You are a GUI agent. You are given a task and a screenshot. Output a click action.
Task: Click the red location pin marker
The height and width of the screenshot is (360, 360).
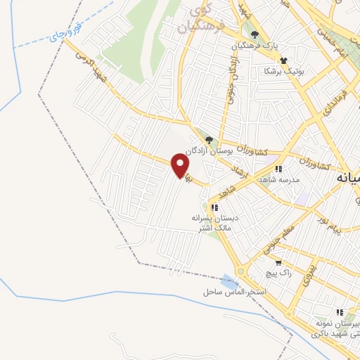[181, 165]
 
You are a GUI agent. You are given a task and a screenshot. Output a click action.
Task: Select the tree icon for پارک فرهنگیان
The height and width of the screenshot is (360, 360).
[255, 35]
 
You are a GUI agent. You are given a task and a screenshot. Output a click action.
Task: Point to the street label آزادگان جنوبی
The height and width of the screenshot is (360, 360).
[230, 78]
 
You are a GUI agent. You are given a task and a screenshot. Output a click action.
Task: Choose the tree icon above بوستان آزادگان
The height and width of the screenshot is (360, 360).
[208, 140]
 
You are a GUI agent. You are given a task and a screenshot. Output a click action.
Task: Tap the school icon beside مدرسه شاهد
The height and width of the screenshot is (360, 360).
[279, 169]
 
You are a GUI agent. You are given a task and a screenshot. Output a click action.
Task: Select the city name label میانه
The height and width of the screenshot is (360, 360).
[349, 177]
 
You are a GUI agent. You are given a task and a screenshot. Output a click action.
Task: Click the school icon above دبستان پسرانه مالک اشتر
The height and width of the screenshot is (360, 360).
[215, 207]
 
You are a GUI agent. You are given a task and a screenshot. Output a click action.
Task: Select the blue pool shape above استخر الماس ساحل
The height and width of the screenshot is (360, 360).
[227, 281]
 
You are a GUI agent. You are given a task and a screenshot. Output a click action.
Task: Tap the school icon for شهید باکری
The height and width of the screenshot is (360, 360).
[340, 312]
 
